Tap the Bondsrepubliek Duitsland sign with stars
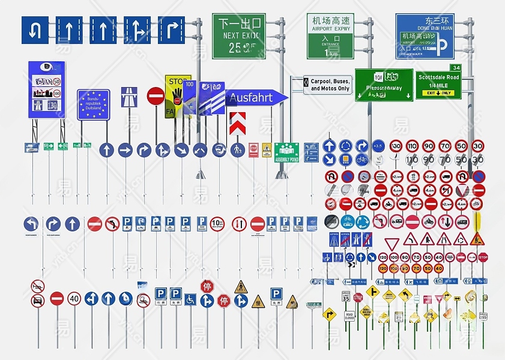click(93, 105)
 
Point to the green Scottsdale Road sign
click(438, 85)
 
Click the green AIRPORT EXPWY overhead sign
click(331, 36)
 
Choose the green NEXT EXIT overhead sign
click(238, 36)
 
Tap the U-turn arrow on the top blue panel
click(35, 29)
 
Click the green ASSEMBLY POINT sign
click(286, 152)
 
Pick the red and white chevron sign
click(237, 122)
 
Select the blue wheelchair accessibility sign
click(190, 299)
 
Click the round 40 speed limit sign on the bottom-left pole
click(74, 298)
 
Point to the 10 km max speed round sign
click(217, 224)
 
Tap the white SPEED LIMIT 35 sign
click(345, 296)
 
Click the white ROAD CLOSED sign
click(349, 316)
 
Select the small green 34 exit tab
click(456, 67)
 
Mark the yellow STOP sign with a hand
click(177, 95)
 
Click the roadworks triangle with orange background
click(477, 239)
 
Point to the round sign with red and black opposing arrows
click(239, 224)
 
